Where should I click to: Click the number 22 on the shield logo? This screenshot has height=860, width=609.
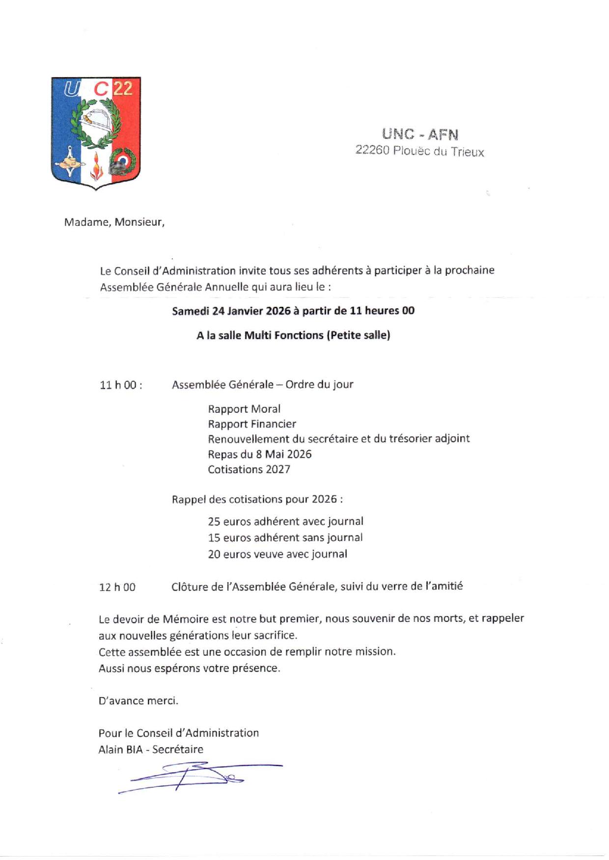click(123, 88)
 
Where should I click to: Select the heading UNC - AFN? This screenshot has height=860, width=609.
click(420, 134)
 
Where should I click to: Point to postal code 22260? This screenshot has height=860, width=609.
click(372, 150)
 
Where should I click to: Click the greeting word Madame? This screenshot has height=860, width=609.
click(86, 222)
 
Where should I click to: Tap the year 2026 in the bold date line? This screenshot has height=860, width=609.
click(278, 311)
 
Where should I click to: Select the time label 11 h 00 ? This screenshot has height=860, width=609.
click(121, 385)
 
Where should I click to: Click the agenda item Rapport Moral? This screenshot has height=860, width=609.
click(244, 409)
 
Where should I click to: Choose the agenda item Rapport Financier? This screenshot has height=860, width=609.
click(252, 424)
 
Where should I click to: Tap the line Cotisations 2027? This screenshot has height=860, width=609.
click(249, 470)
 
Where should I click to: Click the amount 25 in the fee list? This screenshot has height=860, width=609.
click(214, 522)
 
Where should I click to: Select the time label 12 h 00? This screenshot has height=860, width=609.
click(117, 587)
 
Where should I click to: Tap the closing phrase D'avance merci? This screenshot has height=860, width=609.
click(138, 701)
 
